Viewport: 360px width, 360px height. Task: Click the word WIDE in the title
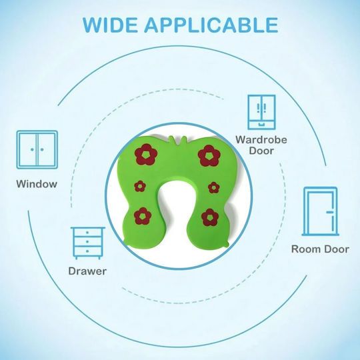[110, 25]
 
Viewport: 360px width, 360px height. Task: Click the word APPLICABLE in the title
[211, 25]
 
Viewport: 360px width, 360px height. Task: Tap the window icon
[37, 150]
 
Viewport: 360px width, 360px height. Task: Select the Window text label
[37, 184]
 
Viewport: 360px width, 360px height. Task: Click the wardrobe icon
[261, 112]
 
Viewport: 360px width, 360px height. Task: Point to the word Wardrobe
[261, 140]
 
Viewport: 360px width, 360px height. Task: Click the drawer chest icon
[87, 243]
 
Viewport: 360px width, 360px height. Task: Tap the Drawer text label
[87, 271]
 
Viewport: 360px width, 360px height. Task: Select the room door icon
[321, 211]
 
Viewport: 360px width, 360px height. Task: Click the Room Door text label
[320, 249]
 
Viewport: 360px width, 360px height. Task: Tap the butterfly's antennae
[177, 140]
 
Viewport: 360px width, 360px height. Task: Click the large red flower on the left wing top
[146, 155]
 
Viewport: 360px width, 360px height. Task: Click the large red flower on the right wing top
[209, 155]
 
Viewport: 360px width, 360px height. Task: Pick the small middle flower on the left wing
[140, 186]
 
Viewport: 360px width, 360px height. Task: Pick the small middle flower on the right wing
[214, 187]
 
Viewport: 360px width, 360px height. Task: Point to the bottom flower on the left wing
[143, 216]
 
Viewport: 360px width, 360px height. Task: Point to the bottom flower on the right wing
[210, 217]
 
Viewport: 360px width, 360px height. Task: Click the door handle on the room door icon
[330, 212]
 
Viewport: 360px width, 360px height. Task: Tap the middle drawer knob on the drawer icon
[87, 242]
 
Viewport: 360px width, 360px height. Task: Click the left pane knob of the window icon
[32, 150]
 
